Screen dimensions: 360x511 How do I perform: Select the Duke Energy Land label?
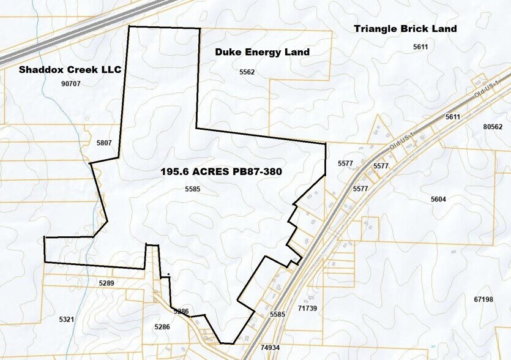(x=262, y=52)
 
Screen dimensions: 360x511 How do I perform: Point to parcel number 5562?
(x=247, y=72)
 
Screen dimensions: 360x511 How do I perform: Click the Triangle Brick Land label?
(x=405, y=28)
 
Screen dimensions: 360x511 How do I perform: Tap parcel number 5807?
(x=104, y=143)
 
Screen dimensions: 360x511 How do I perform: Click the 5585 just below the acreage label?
(x=193, y=189)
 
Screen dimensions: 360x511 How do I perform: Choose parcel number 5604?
(x=438, y=199)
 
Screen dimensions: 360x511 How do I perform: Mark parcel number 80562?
(x=493, y=127)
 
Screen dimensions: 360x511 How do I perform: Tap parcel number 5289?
(x=106, y=283)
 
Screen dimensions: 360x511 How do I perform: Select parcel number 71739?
(x=307, y=308)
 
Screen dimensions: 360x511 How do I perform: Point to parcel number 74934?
(x=270, y=347)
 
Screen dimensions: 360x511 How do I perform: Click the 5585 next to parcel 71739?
(x=277, y=314)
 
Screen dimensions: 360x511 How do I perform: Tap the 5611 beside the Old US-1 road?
(x=453, y=116)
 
